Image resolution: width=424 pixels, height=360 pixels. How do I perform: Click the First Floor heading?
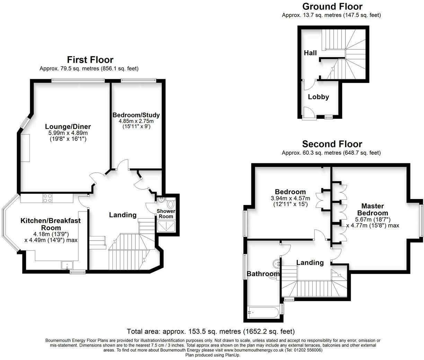(90, 60)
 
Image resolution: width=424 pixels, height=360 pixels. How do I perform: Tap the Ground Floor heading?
(332, 7)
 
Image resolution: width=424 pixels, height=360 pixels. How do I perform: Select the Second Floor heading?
(332, 144)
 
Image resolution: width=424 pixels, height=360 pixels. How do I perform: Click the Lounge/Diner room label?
(68, 126)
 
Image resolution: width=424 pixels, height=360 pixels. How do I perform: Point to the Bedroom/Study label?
(136, 115)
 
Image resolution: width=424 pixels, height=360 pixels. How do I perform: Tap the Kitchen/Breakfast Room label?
(51, 224)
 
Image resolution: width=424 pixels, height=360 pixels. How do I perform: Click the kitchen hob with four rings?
(48, 198)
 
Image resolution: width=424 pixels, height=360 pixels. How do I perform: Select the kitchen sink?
(67, 265)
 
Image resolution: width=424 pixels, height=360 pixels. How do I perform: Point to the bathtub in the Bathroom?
(263, 313)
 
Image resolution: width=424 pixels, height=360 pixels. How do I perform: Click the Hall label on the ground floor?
(310, 53)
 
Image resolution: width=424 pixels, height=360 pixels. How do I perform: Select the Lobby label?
(318, 97)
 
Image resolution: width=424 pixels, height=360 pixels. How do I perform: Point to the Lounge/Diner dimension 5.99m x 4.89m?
(68, 133)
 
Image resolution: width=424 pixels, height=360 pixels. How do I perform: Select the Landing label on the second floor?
(310, 263)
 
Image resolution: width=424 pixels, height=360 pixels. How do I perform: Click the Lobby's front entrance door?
(308, 113)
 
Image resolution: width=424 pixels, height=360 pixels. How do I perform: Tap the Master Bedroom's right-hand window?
(422, 220)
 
